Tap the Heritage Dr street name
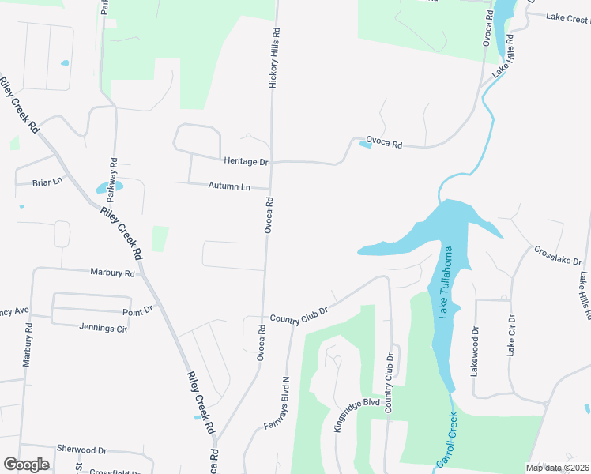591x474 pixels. [x=246, y=161]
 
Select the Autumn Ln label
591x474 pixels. [x=229, y=186]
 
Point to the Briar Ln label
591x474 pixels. [x=47, y=182]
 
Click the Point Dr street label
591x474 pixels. [x=137, y=311]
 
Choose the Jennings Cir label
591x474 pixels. [x=104, y=327]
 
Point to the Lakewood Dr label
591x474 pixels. [x=476, y=351]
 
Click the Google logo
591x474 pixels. [x=26, y=465]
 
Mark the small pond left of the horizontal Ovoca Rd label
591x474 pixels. [x=365, y=144]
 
